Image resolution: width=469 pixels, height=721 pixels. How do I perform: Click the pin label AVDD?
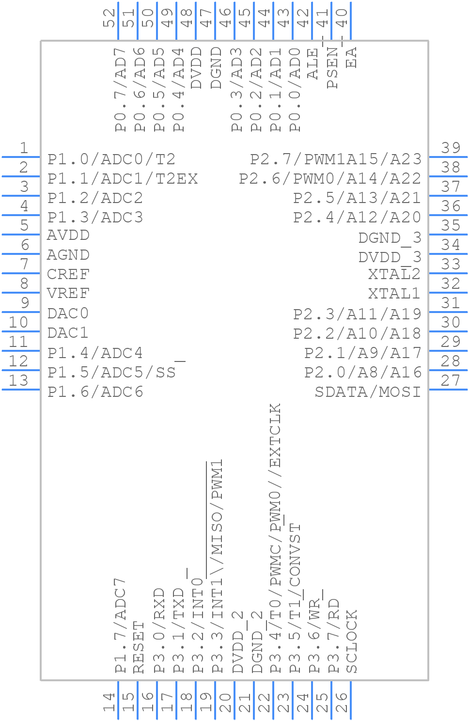point(68,235)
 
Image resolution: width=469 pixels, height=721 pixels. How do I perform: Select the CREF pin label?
point(68,274)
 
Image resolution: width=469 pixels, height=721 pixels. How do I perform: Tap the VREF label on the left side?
point(68,294)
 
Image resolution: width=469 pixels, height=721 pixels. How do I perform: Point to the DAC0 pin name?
point(68,313)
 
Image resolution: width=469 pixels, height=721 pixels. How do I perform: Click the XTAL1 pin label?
point(394,294)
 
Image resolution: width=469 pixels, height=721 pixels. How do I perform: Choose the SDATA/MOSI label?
point(368,392)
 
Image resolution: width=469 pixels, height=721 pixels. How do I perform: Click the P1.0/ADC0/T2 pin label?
point(111,159)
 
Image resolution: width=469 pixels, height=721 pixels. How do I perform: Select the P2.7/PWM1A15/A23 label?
point(336,159)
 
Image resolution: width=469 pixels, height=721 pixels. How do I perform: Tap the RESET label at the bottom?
point(139,647)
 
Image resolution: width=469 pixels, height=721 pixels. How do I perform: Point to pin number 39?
point(451,148)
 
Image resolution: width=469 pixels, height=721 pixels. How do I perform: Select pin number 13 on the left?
point(18,380)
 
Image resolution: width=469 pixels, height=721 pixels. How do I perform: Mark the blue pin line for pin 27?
point(448,389)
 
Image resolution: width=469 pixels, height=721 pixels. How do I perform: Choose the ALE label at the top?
point(313,63)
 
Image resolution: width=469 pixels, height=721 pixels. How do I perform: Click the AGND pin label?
point(68,255)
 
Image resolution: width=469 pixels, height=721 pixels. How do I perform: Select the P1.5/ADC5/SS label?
point(111,372)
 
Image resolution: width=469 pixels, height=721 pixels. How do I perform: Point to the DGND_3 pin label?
point(390,238)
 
